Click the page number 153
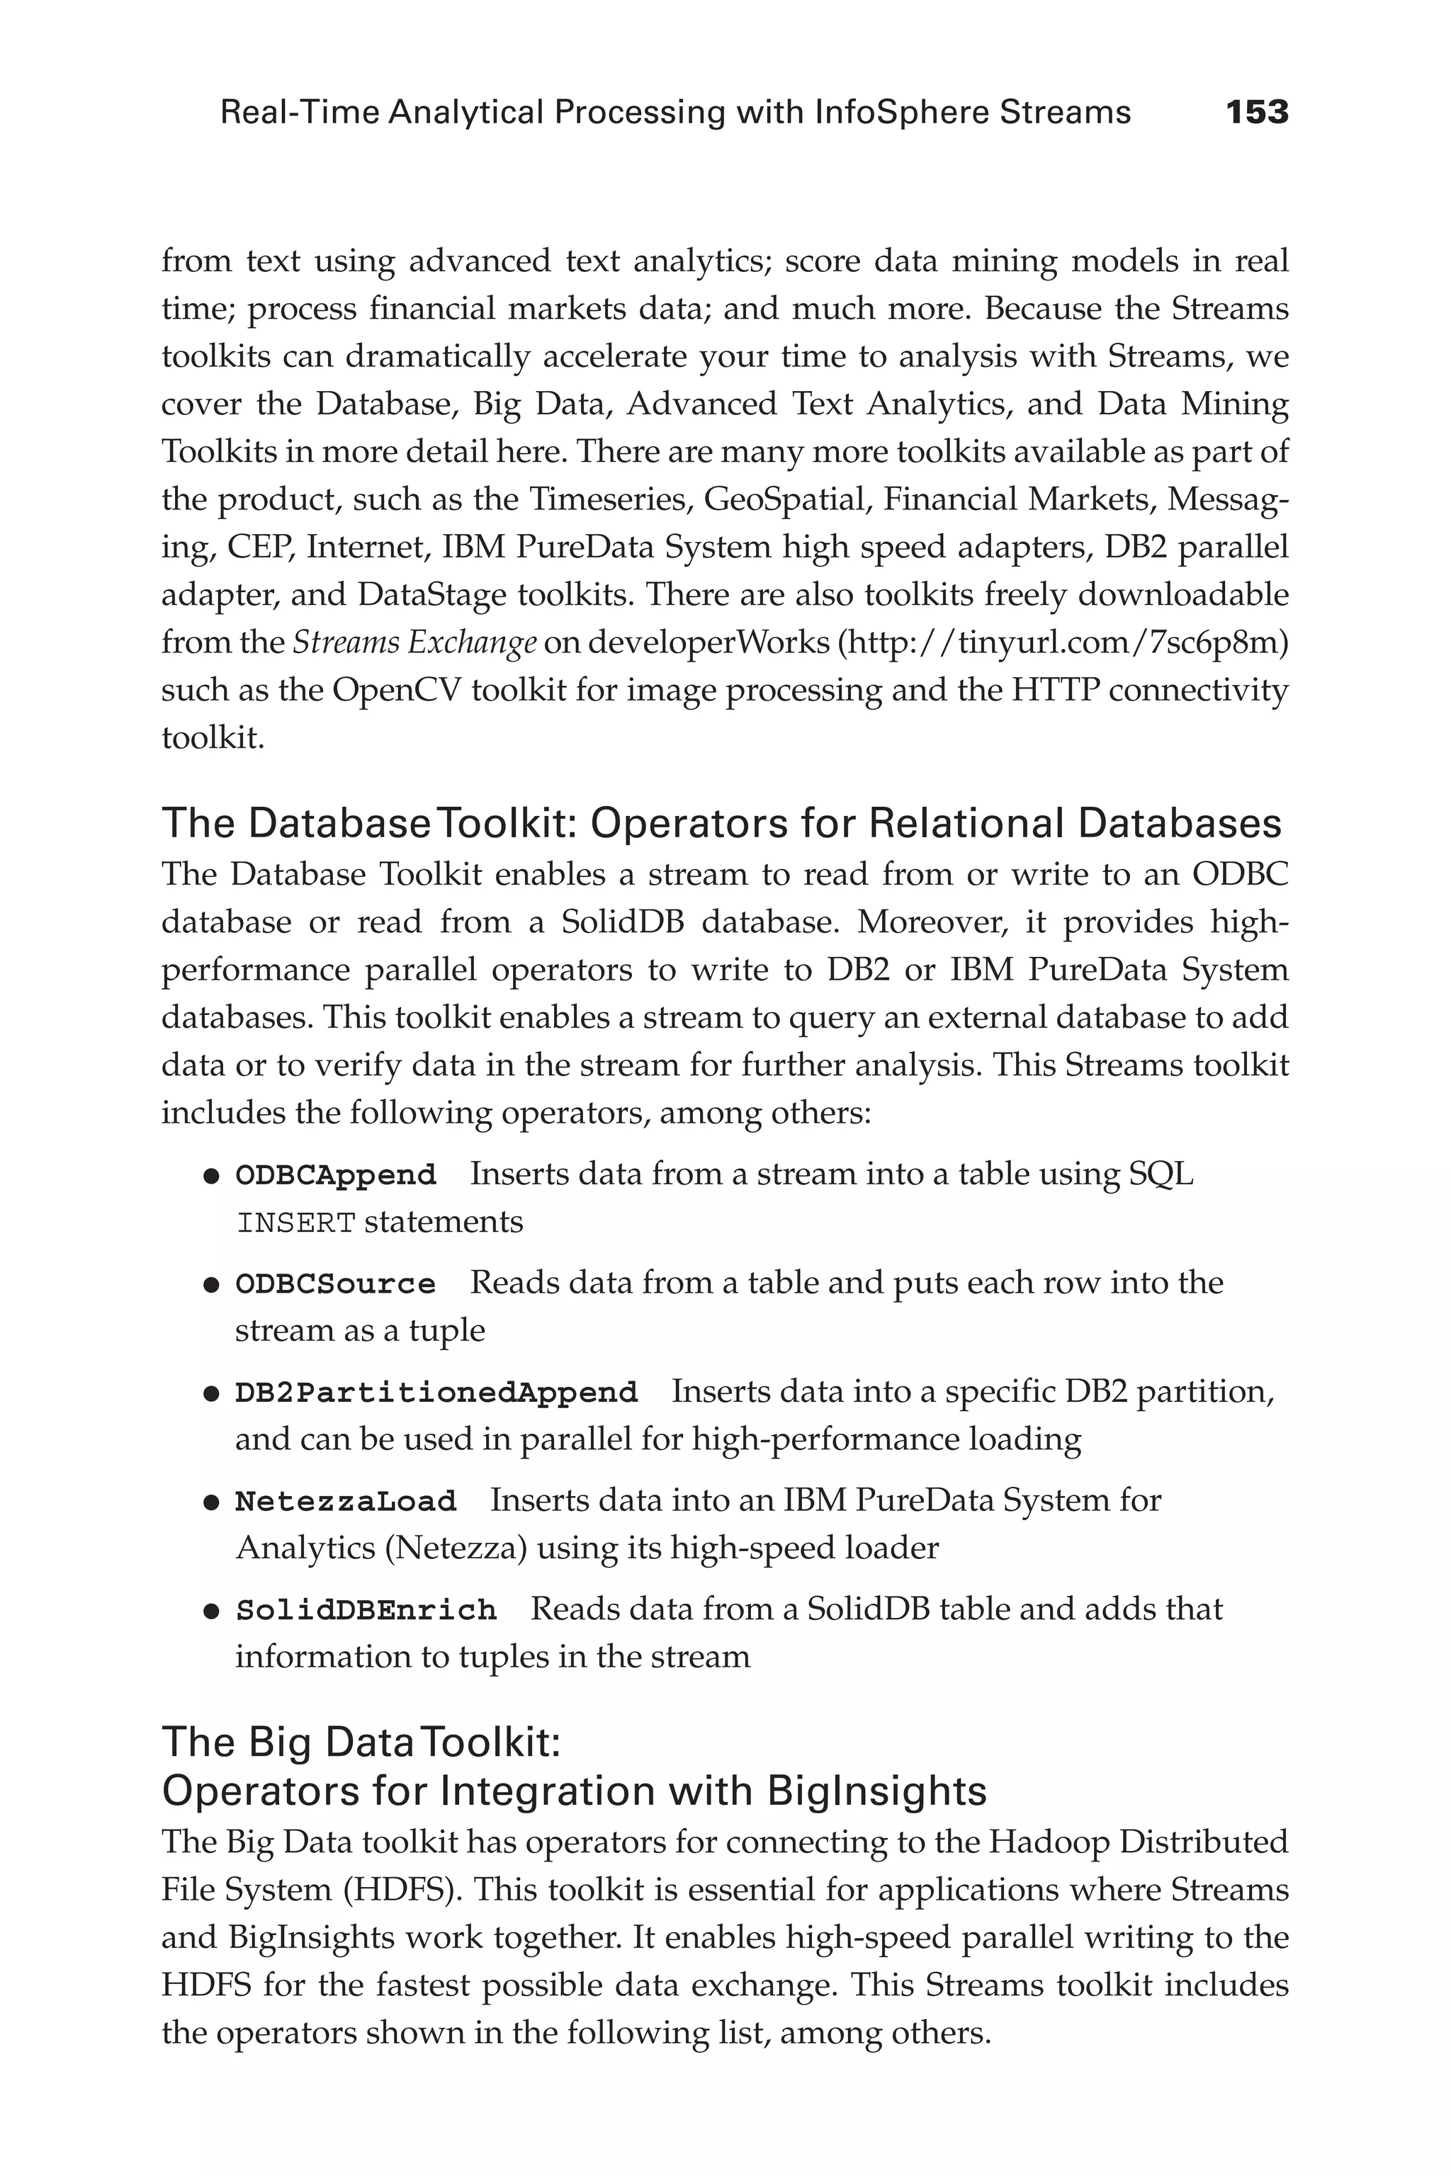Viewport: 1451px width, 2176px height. (x=1257, y=113)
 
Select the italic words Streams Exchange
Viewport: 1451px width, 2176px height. (x=414, y=642)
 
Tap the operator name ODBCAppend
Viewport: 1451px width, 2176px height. (x=335, y=1175)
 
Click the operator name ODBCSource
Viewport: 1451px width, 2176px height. (x=335, y=1284)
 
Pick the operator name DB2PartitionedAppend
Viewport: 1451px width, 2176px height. (x=436, y=1393)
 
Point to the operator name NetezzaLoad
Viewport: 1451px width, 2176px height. (x=345, y=1502)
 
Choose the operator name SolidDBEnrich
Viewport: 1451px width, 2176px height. (x=366, y=1611)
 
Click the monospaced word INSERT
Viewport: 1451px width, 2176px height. (x=296, y=1223)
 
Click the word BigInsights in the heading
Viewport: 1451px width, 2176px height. (x=877, y=1792)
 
